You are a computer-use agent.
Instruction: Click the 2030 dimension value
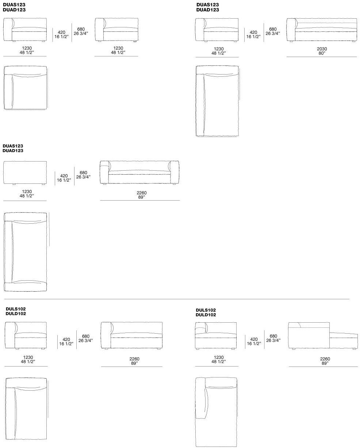tap(322, 49)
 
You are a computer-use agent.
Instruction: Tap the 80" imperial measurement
tap(322, 53)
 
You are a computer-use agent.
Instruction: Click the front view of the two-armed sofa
tap(139, 172)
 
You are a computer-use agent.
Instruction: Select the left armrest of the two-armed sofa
tap(104, 172)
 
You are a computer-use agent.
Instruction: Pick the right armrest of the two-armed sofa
tap(174, 172)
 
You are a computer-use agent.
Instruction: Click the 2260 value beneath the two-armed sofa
tap(141, 193)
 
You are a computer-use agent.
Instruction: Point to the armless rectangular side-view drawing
tap(25, 173)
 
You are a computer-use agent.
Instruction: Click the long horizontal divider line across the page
tap(177, 299)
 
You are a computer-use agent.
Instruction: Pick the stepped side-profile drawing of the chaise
tap(323, 336)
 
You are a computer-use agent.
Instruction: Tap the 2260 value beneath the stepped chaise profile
tap(325, 359)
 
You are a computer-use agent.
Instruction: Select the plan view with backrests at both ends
tap(25, 252)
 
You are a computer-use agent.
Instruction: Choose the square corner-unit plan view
tap(25, 88)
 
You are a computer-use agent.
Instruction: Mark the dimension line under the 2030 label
tap(322, 57)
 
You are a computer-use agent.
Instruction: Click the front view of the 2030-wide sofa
tap(322, 30)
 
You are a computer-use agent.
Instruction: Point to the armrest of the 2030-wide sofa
tap(291, 30)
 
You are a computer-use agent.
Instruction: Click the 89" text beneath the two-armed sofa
tap(141, 197)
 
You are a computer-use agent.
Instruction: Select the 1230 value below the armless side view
tap(27, 191)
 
